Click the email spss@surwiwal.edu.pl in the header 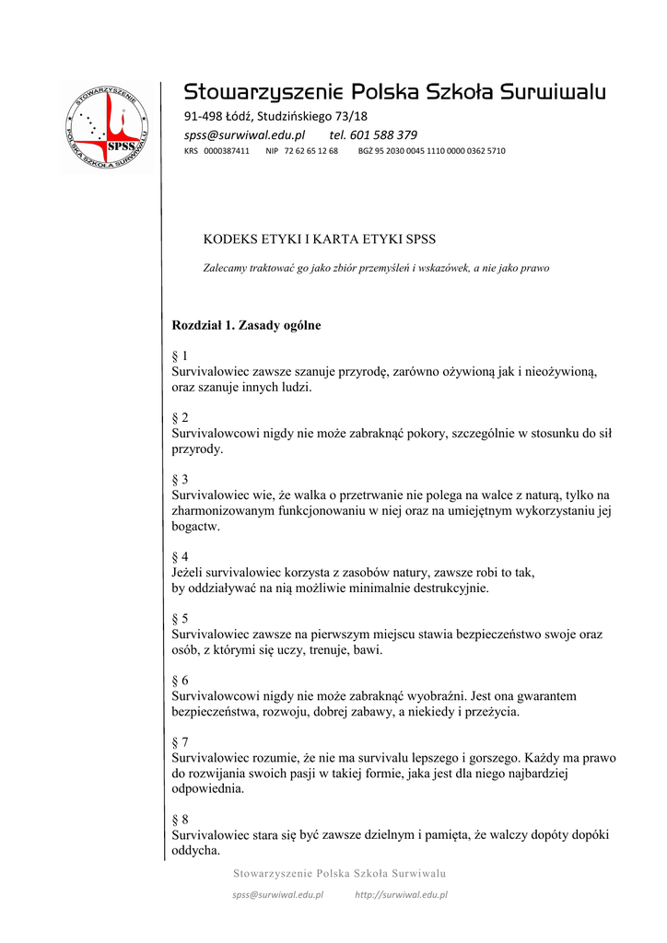pos(244,134)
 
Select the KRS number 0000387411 pos(227,151)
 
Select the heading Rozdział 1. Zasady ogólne pos(246,325)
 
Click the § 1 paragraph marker pos(180,355)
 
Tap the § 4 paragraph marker pos(180,557)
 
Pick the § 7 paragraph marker pos(180,741)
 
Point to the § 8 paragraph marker pos(180,819)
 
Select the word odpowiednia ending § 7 pos(208,788)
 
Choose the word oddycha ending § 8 pos(195,850)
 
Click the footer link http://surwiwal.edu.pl pos(401,894)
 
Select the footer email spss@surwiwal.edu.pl pos(277,894)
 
